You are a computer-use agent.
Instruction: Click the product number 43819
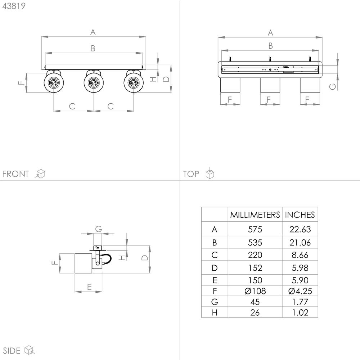pos(14,6)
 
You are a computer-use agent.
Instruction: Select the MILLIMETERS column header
pos(255,215)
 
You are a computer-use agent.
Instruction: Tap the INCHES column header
pos(300,215)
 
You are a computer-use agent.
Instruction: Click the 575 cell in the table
pos(255,229)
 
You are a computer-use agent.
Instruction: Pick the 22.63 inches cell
pos(300,229)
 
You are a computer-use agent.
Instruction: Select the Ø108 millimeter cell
pos(255,291)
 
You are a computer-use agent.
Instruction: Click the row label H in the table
pos(215,312)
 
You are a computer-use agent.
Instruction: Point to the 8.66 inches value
pos(300,255)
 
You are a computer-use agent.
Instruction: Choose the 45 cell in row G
pos(255,302)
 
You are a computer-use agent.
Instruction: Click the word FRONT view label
pos(15,174)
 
